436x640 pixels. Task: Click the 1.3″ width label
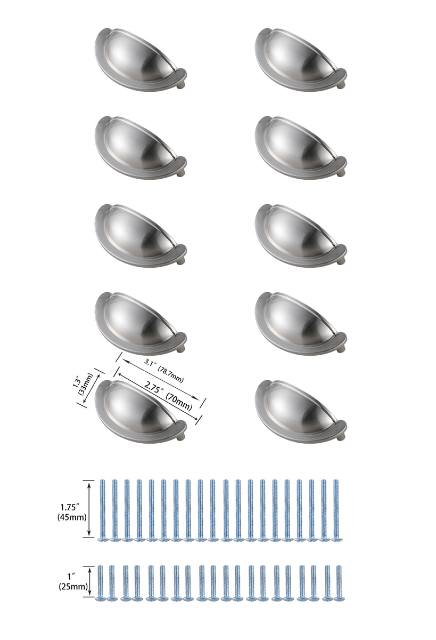tap(76, 382)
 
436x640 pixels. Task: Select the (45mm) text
tap(73, 516)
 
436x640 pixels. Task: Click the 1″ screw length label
tap(73, 577)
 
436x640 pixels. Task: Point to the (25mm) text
tap(73, 587)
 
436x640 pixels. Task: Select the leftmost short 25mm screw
tap(100, 581)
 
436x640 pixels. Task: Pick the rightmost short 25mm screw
tap(338, 581)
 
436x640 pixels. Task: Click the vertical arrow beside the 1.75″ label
tap(88, 509)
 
